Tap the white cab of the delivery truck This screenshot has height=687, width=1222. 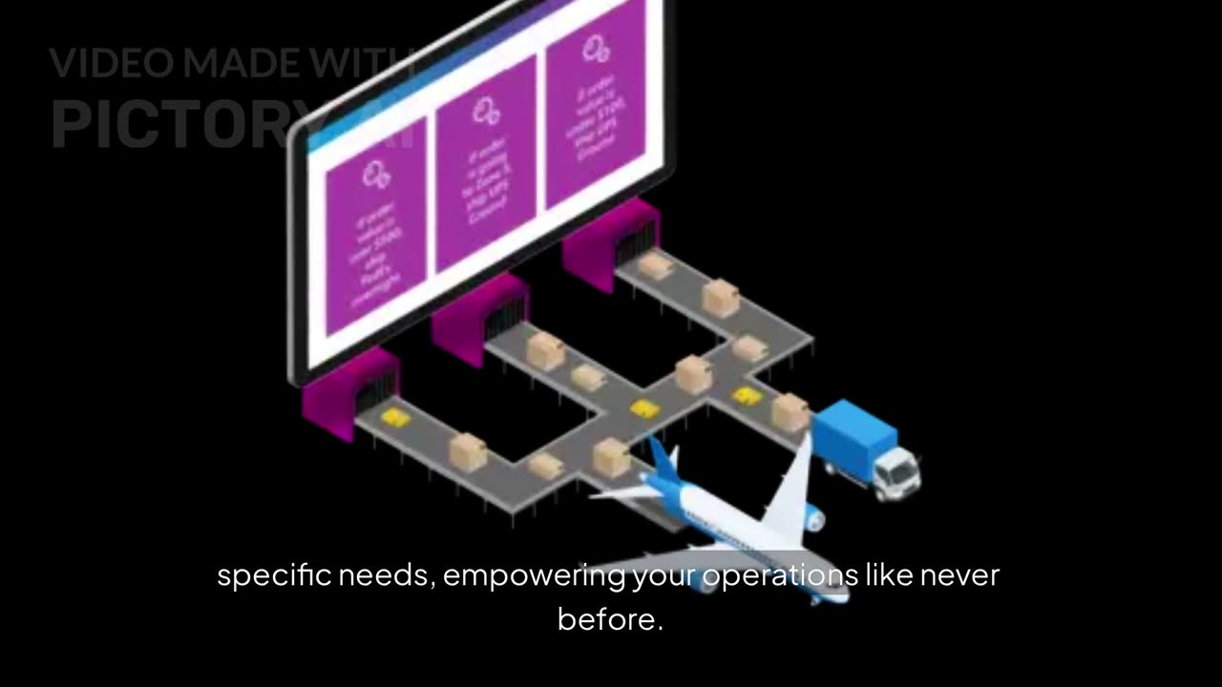(895, 471)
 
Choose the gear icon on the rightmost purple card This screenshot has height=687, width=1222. (596, 47)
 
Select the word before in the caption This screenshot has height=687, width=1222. (609, 619)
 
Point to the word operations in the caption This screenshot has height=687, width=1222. (779, 575)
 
